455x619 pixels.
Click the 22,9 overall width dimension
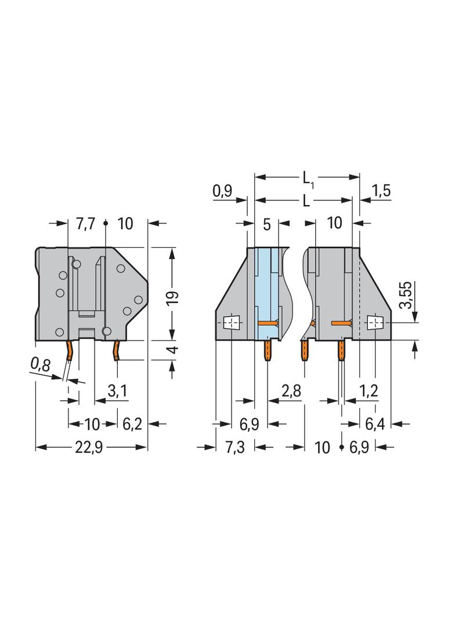(x=89, y=447)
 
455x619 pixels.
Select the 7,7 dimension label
(x=86, y=224)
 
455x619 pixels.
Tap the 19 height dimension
(x=172, y=294)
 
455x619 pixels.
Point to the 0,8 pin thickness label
(x=41, y=365)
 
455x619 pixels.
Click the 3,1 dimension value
(x=117, y=391)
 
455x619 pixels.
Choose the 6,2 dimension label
(x=132, y=424)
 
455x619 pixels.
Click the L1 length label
(x=308, y=179)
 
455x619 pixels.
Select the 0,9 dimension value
(x=223, y=192)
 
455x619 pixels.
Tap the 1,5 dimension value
(x=381, y=191)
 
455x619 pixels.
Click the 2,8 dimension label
(x=291, y=391)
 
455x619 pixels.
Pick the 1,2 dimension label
(x=369, y=391)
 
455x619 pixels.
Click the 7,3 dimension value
(x=235, y=447)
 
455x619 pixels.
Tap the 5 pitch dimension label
(x=267, y=225)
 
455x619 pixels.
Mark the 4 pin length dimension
(x=172, y=350)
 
